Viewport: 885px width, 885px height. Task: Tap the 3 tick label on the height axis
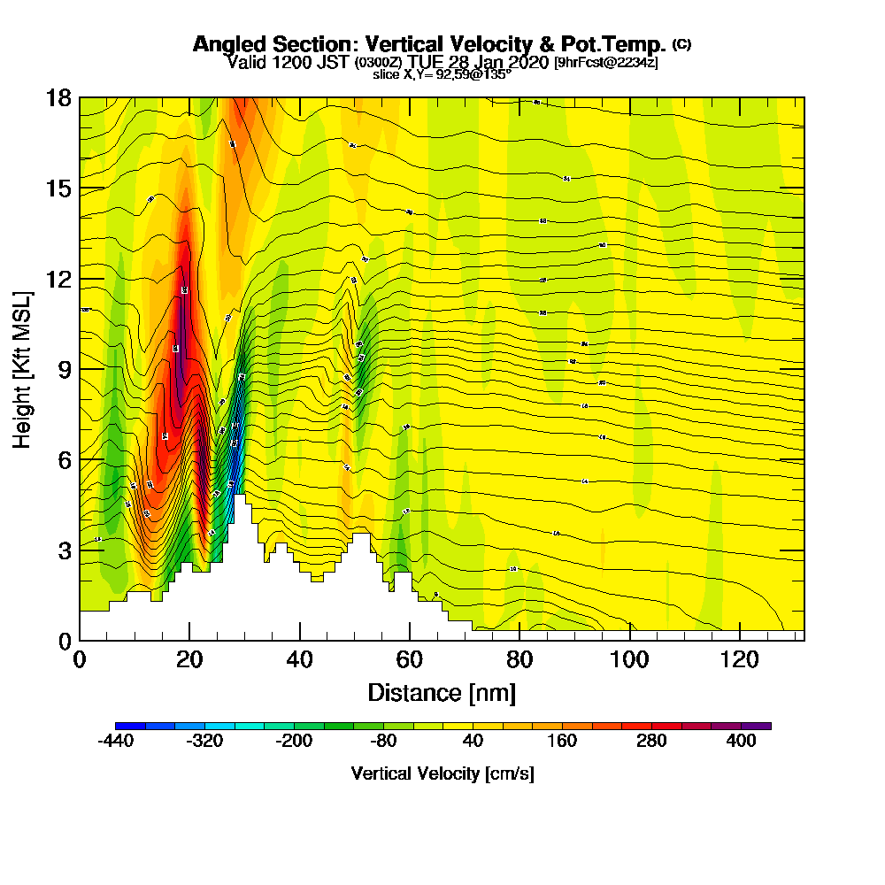pyautogui.click(x=64, y=550)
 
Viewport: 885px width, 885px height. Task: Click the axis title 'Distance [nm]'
pyautogui.click(x=442, y=692)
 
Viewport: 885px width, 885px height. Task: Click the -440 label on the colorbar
pyautogui.click(x=115, y=742)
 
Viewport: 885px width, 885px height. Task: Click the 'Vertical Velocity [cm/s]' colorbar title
pyautogui.click(x=442, y=773)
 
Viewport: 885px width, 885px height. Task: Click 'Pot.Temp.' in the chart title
pyautogui.click(x=619, y=44)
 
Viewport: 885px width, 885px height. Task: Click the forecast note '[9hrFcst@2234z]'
pyautogui.click(x=605, y=62)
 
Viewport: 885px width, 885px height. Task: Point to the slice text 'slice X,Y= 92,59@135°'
pyautogui.click(x=442, y=74)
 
